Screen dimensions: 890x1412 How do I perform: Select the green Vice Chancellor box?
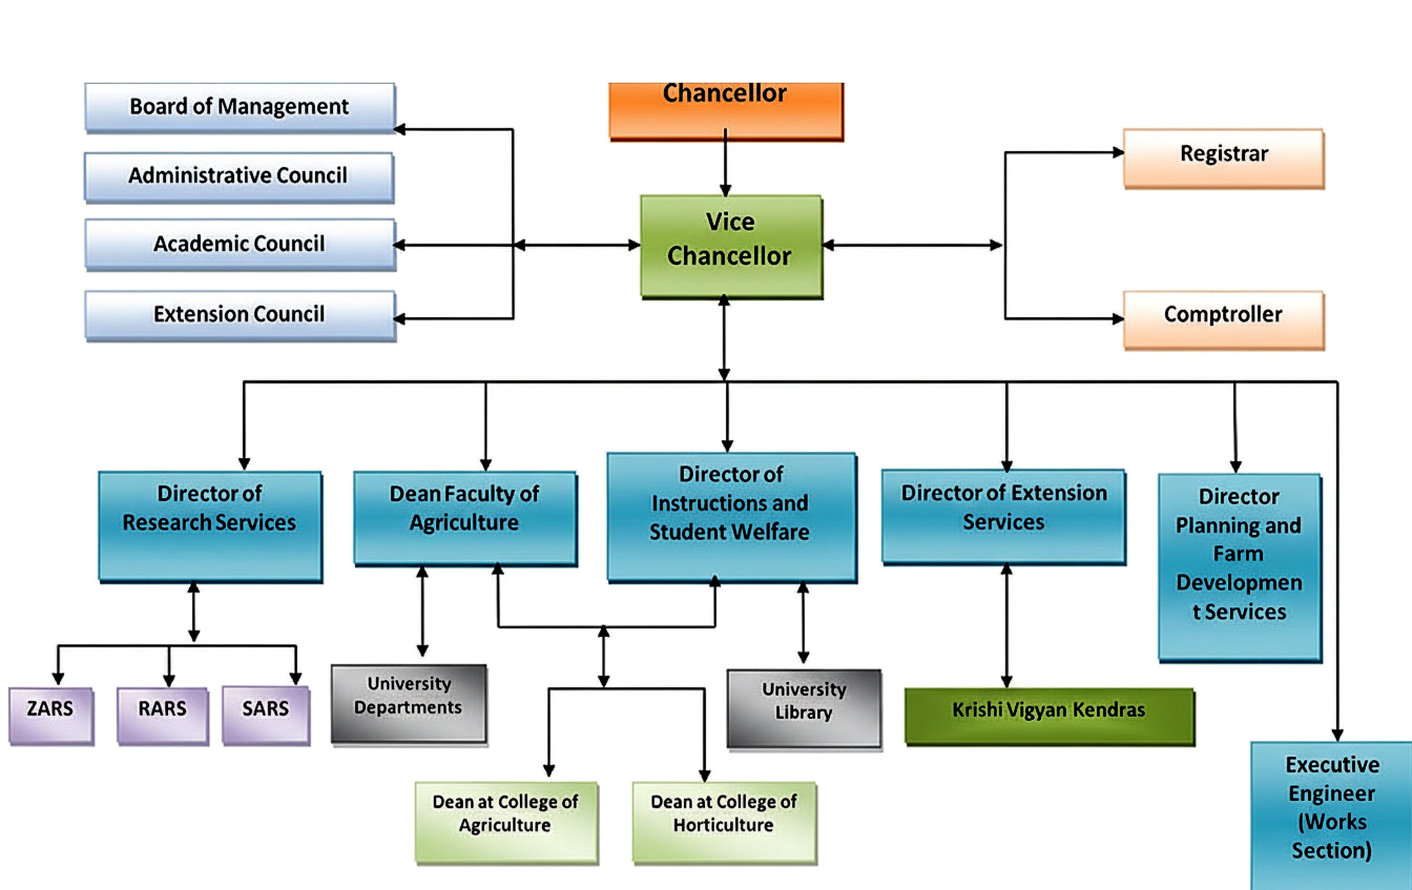pyautogui.click(x=730, y=246)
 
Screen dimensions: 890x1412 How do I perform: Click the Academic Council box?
pyautogui.click(x=239, y=244)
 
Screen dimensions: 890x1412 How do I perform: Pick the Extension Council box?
pyautogui.click(x=239, y=315)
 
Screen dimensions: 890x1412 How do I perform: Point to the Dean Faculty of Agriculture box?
pyautogui.click(x=465, y=517)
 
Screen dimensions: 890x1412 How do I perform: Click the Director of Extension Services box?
pyautogui.click(x=1003, y=516)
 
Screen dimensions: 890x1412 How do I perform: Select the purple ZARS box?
pyautogui.click(x=50, y=715)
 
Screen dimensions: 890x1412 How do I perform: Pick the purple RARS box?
pyautogui.click(x=162, y=715)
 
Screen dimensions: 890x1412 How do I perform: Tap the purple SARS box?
pyautogui.click(x=266, y=715)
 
